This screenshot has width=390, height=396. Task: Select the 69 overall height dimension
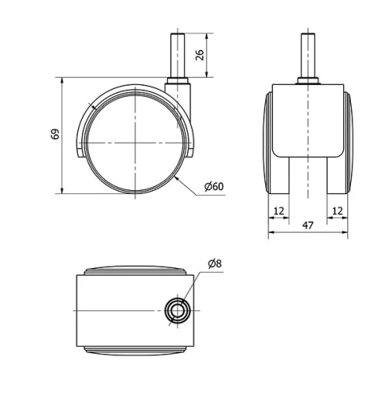(55, 134)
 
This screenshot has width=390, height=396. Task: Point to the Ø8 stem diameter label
(214, 263)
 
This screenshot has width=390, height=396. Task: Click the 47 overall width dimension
(307, 225)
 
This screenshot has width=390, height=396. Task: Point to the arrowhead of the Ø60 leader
(179, 179)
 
